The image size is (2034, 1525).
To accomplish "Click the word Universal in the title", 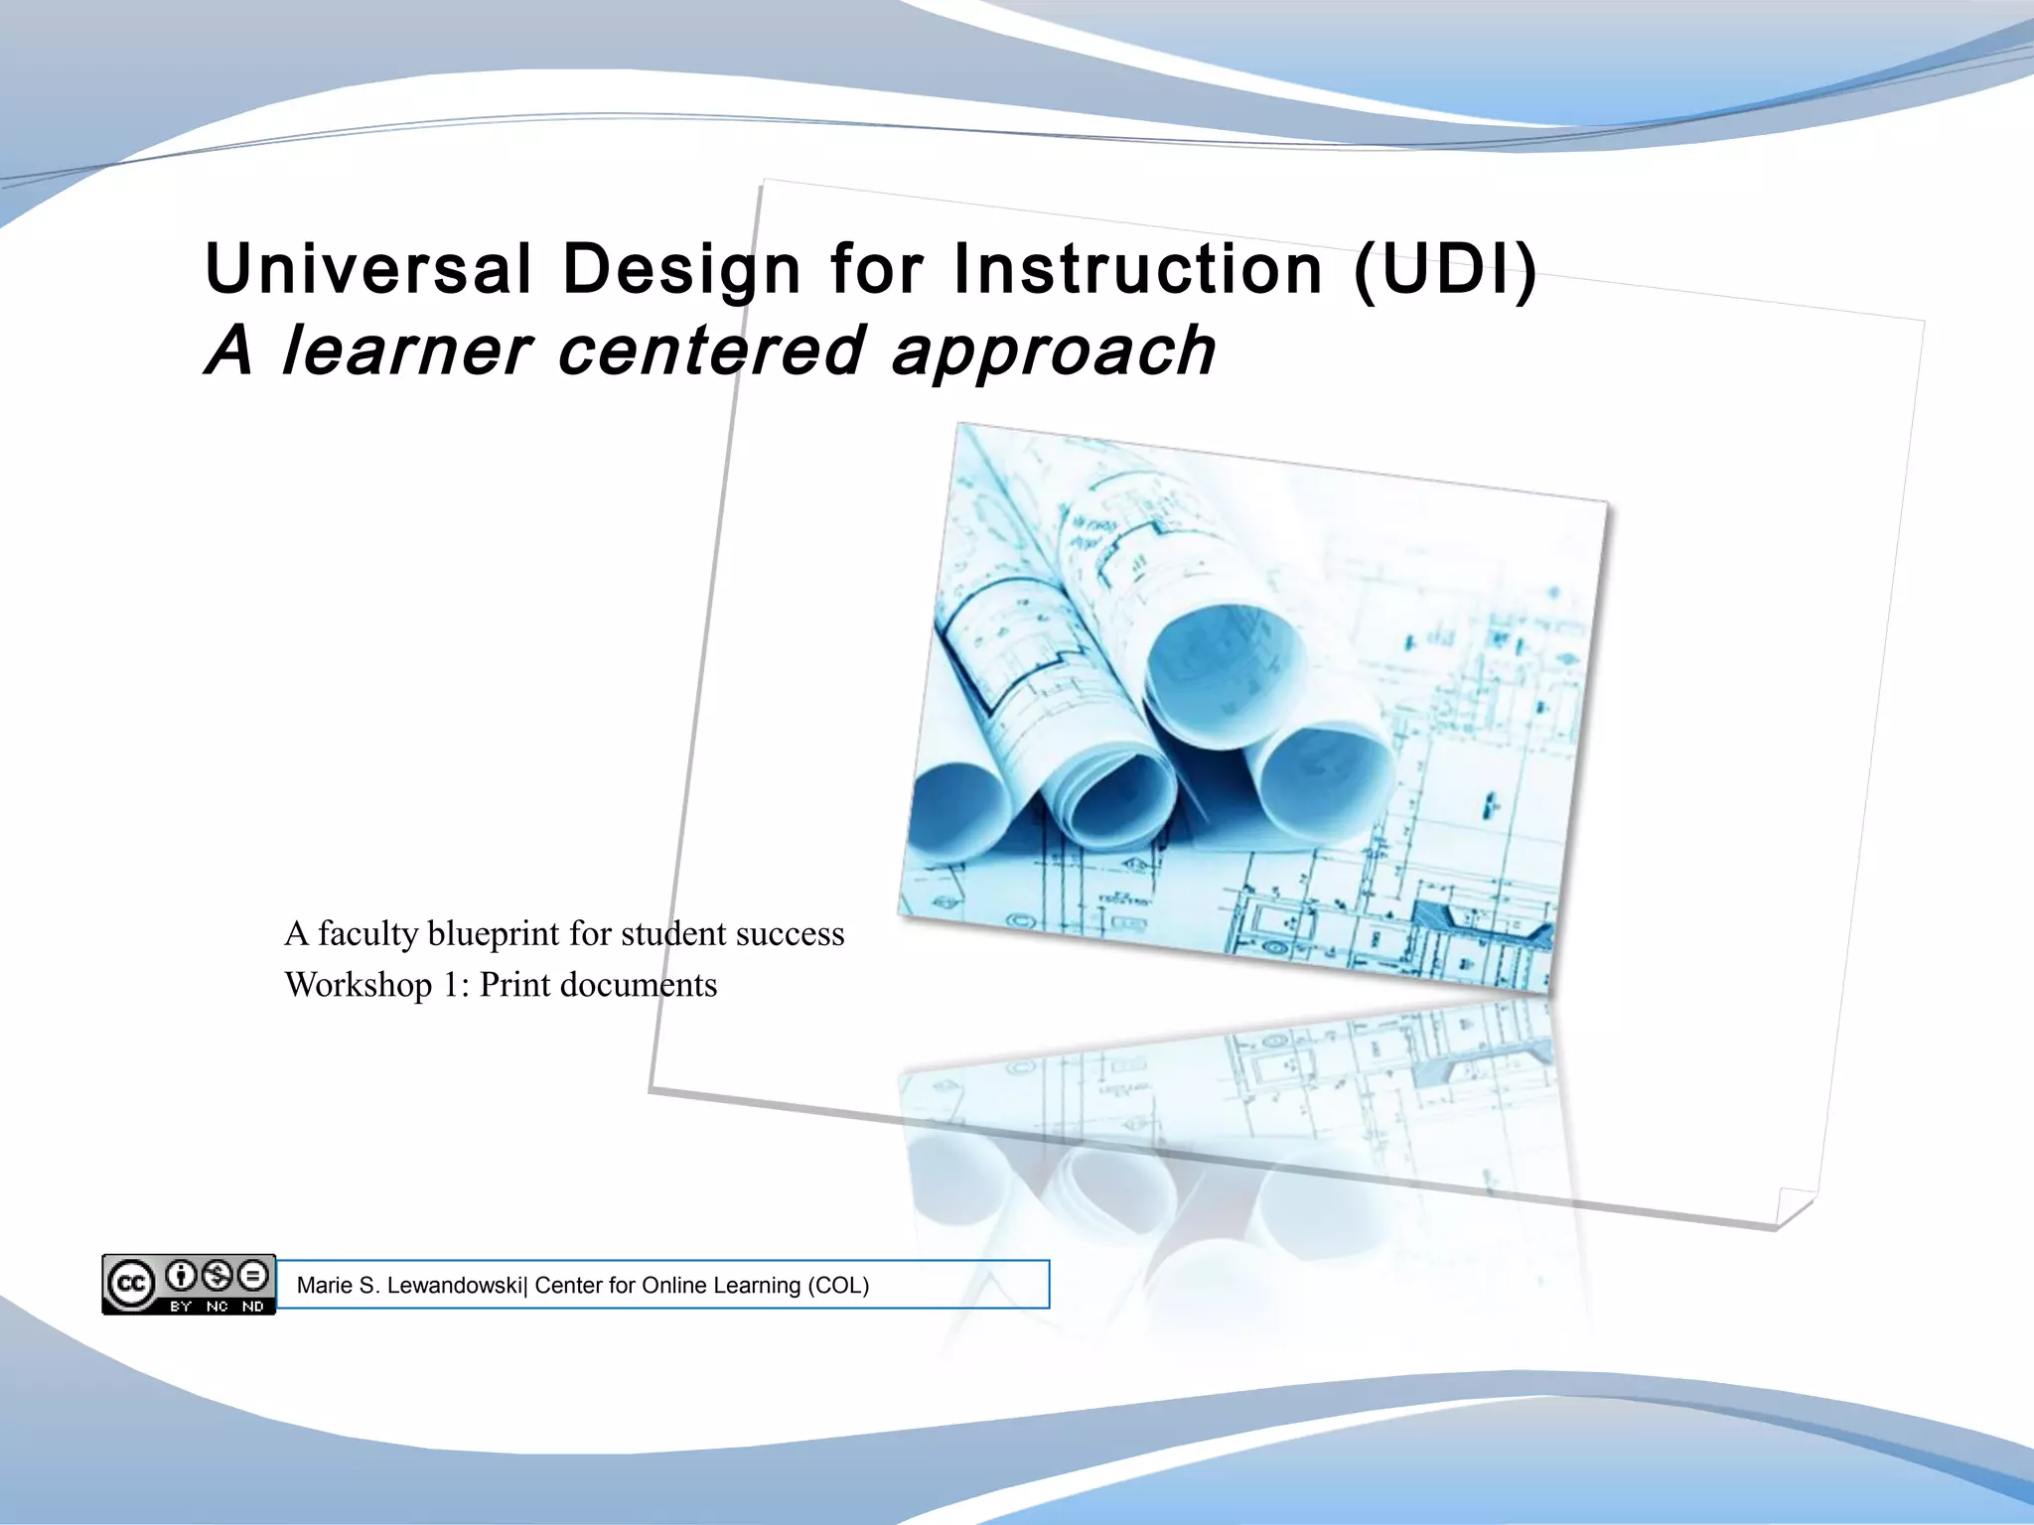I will coord(368,269).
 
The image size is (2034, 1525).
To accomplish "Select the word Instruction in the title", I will coord(1138,269).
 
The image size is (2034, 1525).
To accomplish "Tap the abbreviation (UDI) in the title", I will coord(1445,269).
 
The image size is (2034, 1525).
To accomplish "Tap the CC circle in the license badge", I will coord(130,1285).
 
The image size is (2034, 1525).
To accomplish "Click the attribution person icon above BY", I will coord(181,1275).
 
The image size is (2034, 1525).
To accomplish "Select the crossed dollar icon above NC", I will coord(218,1275).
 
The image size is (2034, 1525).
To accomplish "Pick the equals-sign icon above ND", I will coord(253,1275).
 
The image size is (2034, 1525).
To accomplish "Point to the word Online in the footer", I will coord(674,1286).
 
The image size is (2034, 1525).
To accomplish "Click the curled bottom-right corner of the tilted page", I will coord(1794,1208).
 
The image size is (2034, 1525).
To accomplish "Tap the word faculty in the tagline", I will coord(367,934).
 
